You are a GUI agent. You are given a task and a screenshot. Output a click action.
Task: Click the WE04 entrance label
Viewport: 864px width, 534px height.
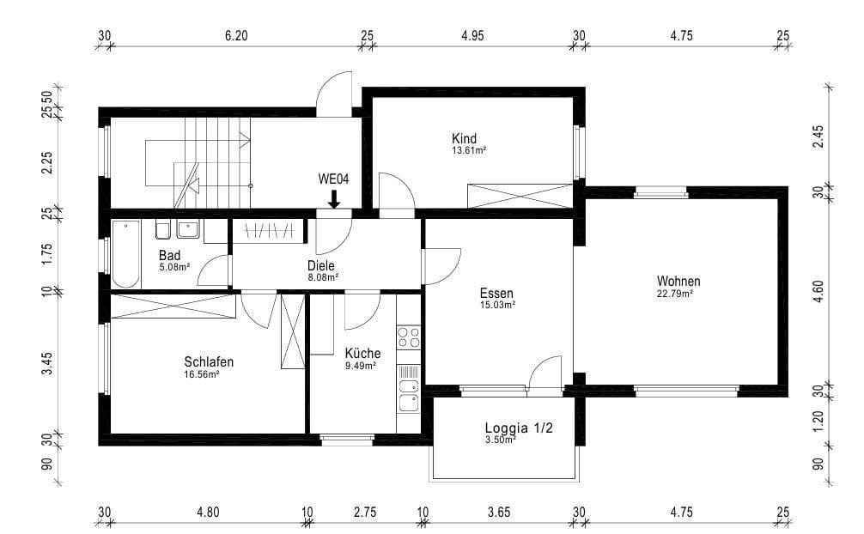[333, 181]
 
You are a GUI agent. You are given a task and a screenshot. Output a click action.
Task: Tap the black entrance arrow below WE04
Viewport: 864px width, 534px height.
[333, 199]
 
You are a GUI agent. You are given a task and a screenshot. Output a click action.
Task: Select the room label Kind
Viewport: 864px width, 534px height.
[464, 138]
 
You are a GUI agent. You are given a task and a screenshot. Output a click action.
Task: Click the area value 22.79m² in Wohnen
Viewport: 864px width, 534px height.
[675, 294]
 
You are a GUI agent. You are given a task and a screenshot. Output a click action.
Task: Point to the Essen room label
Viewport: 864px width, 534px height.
[496, 293]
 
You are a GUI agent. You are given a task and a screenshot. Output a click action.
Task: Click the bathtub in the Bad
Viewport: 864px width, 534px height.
[125, 253]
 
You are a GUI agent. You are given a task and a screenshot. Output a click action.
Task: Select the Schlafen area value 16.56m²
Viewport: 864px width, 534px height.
[201, 374]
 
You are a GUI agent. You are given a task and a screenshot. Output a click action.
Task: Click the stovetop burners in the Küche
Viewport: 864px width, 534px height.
[409, 336]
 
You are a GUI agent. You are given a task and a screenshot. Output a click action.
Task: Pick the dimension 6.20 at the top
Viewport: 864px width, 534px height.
[235, 36]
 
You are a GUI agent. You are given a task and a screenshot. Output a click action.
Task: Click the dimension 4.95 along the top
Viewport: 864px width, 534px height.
[473, 36]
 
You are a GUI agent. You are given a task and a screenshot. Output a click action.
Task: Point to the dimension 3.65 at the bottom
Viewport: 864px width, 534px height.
[499, 513]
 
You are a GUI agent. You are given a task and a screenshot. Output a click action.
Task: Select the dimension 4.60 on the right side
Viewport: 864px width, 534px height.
[818, 288]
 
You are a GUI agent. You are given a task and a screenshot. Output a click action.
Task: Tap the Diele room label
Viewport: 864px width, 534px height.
[321, 265]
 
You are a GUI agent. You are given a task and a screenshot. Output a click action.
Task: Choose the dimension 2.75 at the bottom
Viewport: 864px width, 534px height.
[364, 513]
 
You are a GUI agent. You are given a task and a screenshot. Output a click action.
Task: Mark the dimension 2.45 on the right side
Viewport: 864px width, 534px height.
[818, 137]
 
